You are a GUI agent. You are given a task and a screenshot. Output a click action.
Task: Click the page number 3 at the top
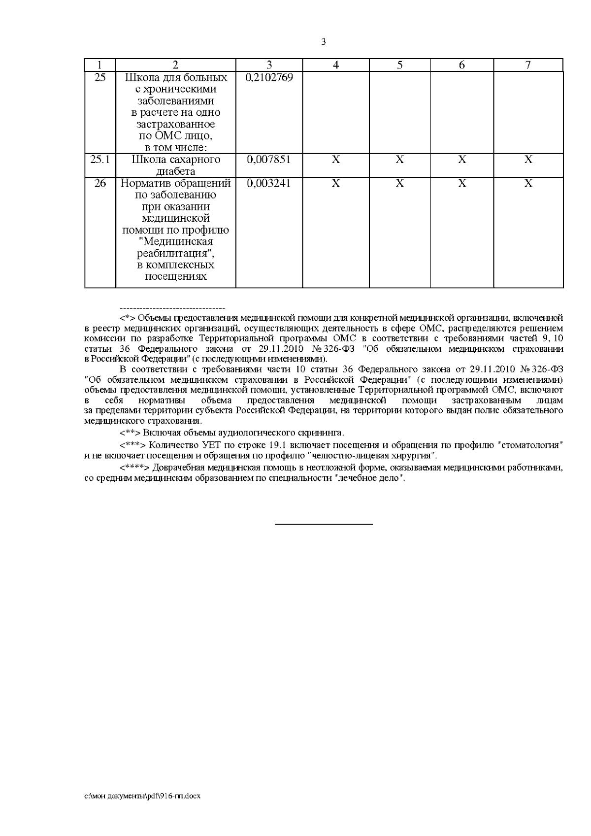323,42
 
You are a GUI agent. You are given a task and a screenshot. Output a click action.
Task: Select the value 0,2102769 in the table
269,78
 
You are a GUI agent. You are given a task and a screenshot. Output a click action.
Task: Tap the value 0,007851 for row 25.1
268,160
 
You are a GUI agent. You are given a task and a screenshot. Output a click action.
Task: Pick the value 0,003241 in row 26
268,183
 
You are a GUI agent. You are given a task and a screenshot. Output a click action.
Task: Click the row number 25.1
100,160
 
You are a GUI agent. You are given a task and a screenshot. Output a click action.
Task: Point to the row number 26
100,183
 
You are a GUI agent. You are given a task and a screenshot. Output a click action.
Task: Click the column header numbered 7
528,65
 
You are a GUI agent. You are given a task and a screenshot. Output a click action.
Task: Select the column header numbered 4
336,65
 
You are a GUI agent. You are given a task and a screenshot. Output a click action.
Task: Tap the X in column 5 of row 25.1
400,160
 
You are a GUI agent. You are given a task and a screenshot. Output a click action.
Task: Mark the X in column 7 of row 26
528,183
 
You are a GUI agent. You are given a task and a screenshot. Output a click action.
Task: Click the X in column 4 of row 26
336,183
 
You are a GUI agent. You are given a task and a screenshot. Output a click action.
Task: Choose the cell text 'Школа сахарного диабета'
175,166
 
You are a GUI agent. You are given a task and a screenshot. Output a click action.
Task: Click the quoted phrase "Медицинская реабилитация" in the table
176,248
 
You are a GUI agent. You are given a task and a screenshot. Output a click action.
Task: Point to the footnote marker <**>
130,433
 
